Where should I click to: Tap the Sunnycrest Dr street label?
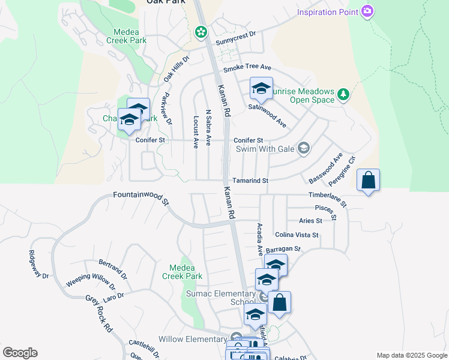point(235,39)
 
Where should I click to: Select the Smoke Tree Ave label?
point(247,69)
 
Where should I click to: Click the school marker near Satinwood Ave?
point(261,89)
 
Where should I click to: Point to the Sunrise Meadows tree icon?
point(343,94)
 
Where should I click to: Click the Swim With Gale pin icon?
point(304,148)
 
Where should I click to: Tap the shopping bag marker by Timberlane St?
point(368,180)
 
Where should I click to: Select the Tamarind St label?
point(250,181)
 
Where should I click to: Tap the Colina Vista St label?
point(297,235)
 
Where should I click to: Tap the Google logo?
point(20,353)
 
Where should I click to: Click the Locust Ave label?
point(196,132)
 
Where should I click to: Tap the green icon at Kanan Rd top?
point(201,31)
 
